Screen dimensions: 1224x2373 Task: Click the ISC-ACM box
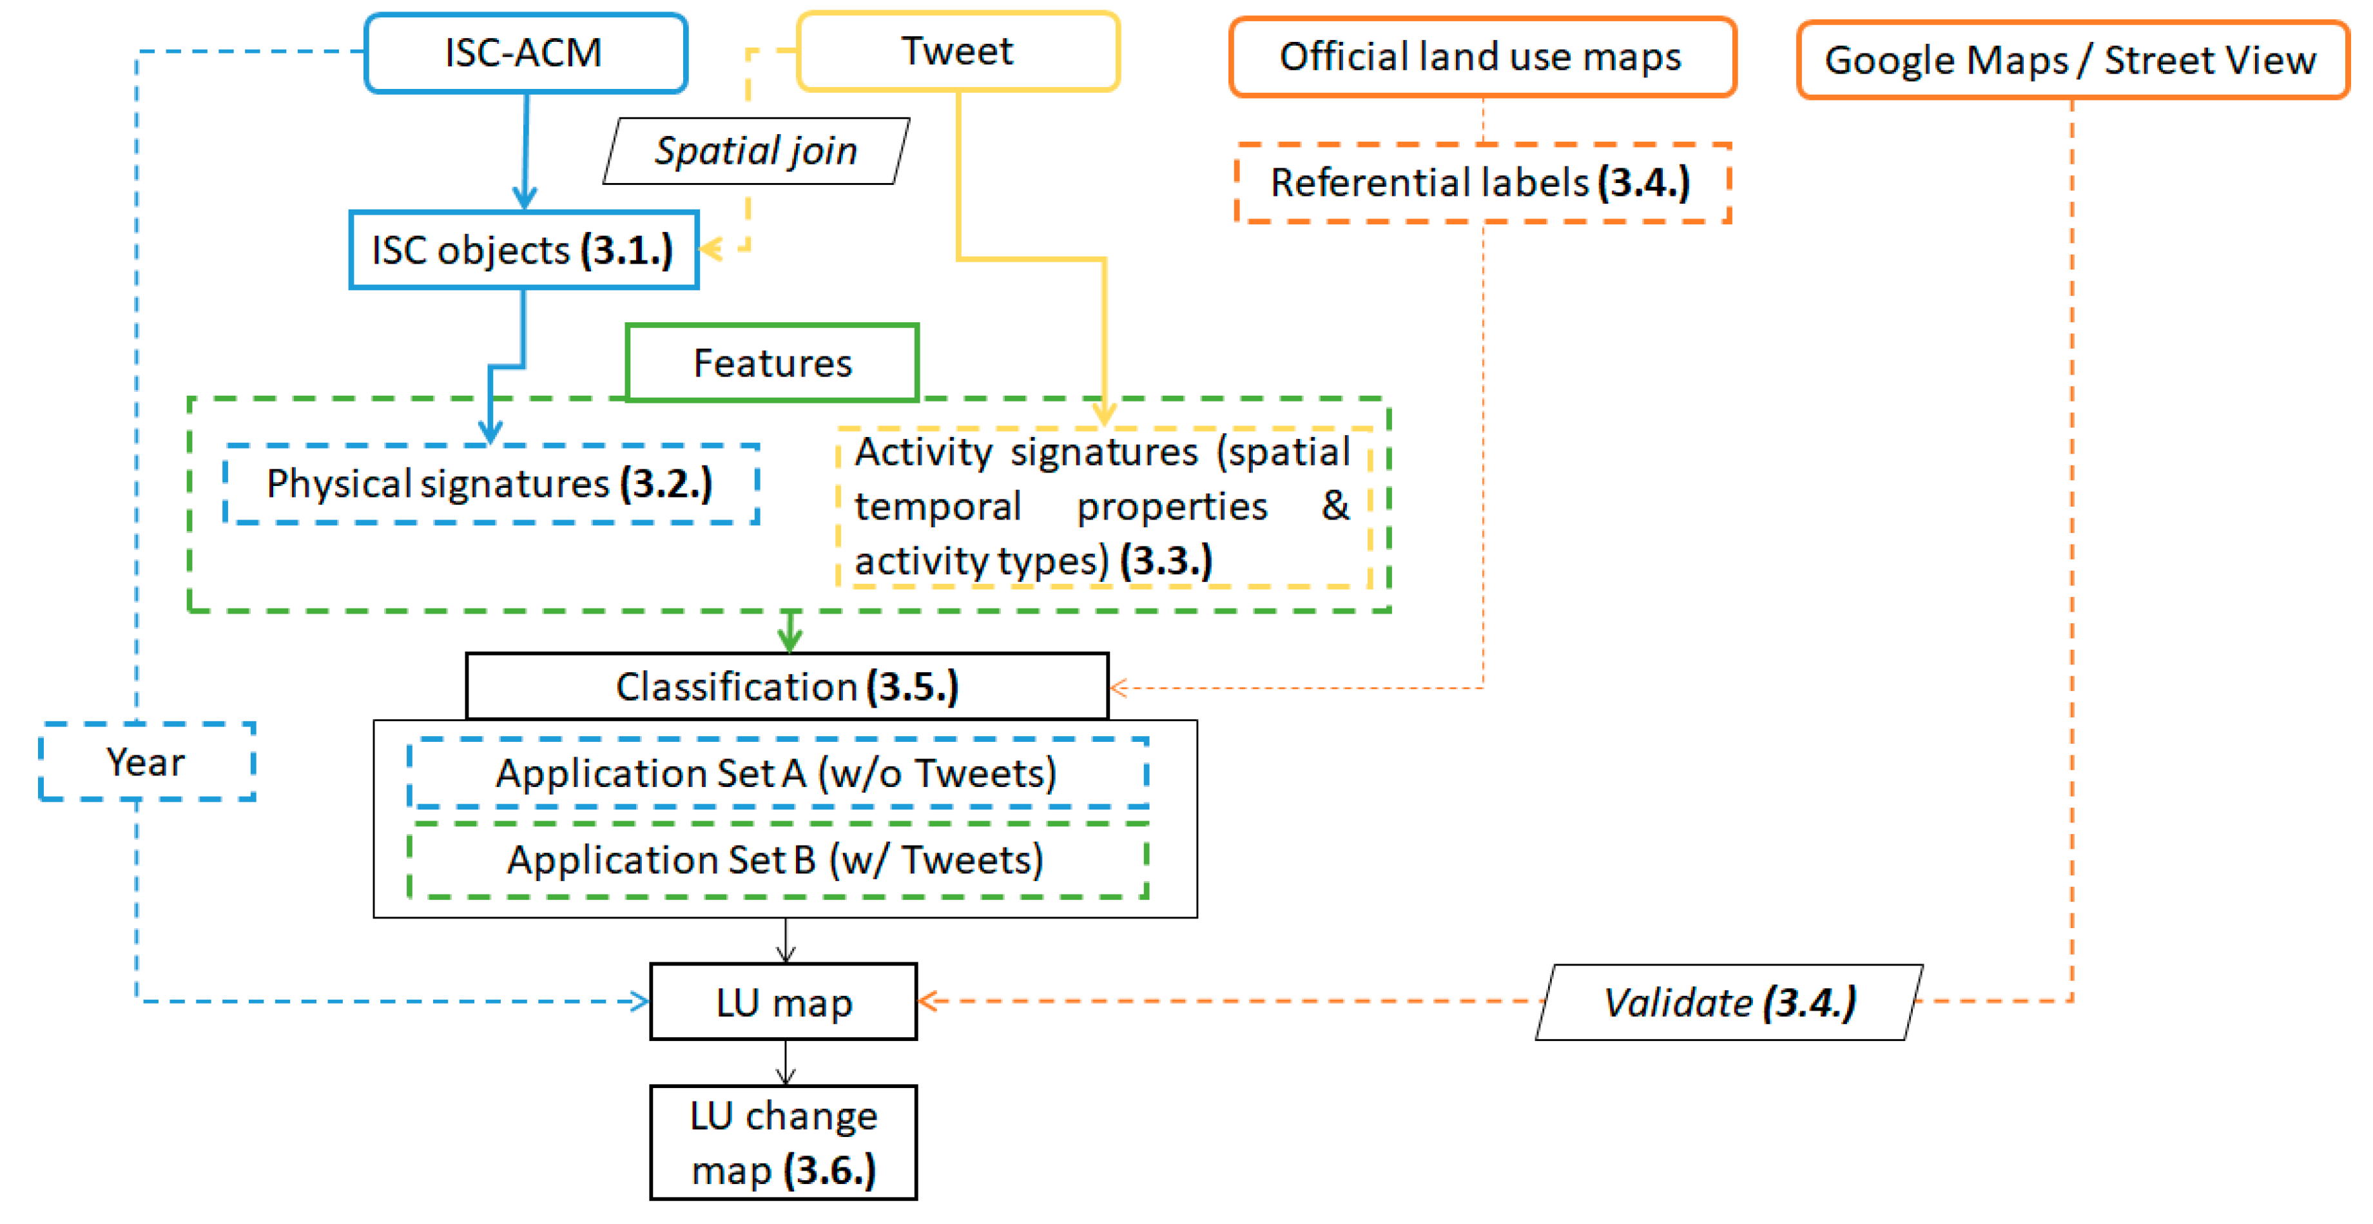pyautogui.click(x=525, y=52)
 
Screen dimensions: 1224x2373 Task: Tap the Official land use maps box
pyautogui.click(x=1481, y=57)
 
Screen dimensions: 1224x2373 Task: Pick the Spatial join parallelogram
pyautogui.click(x=755, y=151)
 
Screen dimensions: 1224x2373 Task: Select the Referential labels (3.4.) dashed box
pyautogui.click(x=1481, y=183)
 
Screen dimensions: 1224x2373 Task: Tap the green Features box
pyautogui.click(x=772, y=363)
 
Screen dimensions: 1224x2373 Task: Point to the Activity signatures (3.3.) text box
pyautogui.click(x=1103, y=507)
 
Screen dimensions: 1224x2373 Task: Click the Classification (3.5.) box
pyautogui.click(x=787, y=687)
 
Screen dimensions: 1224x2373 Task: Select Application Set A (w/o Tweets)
pyautogui.click(x=777, y=773)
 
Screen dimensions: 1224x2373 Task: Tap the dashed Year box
pyautogui.click(x=146, y=762)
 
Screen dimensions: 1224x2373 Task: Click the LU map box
pyautogui.click(x=784, y=1002)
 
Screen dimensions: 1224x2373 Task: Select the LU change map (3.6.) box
pyautogui.click(x=784, y=1143)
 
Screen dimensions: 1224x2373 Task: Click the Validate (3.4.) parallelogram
pyautogui.click(x=1729, y=1003)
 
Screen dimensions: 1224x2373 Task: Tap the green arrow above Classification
pyautogui.click(x=789, y=633)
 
